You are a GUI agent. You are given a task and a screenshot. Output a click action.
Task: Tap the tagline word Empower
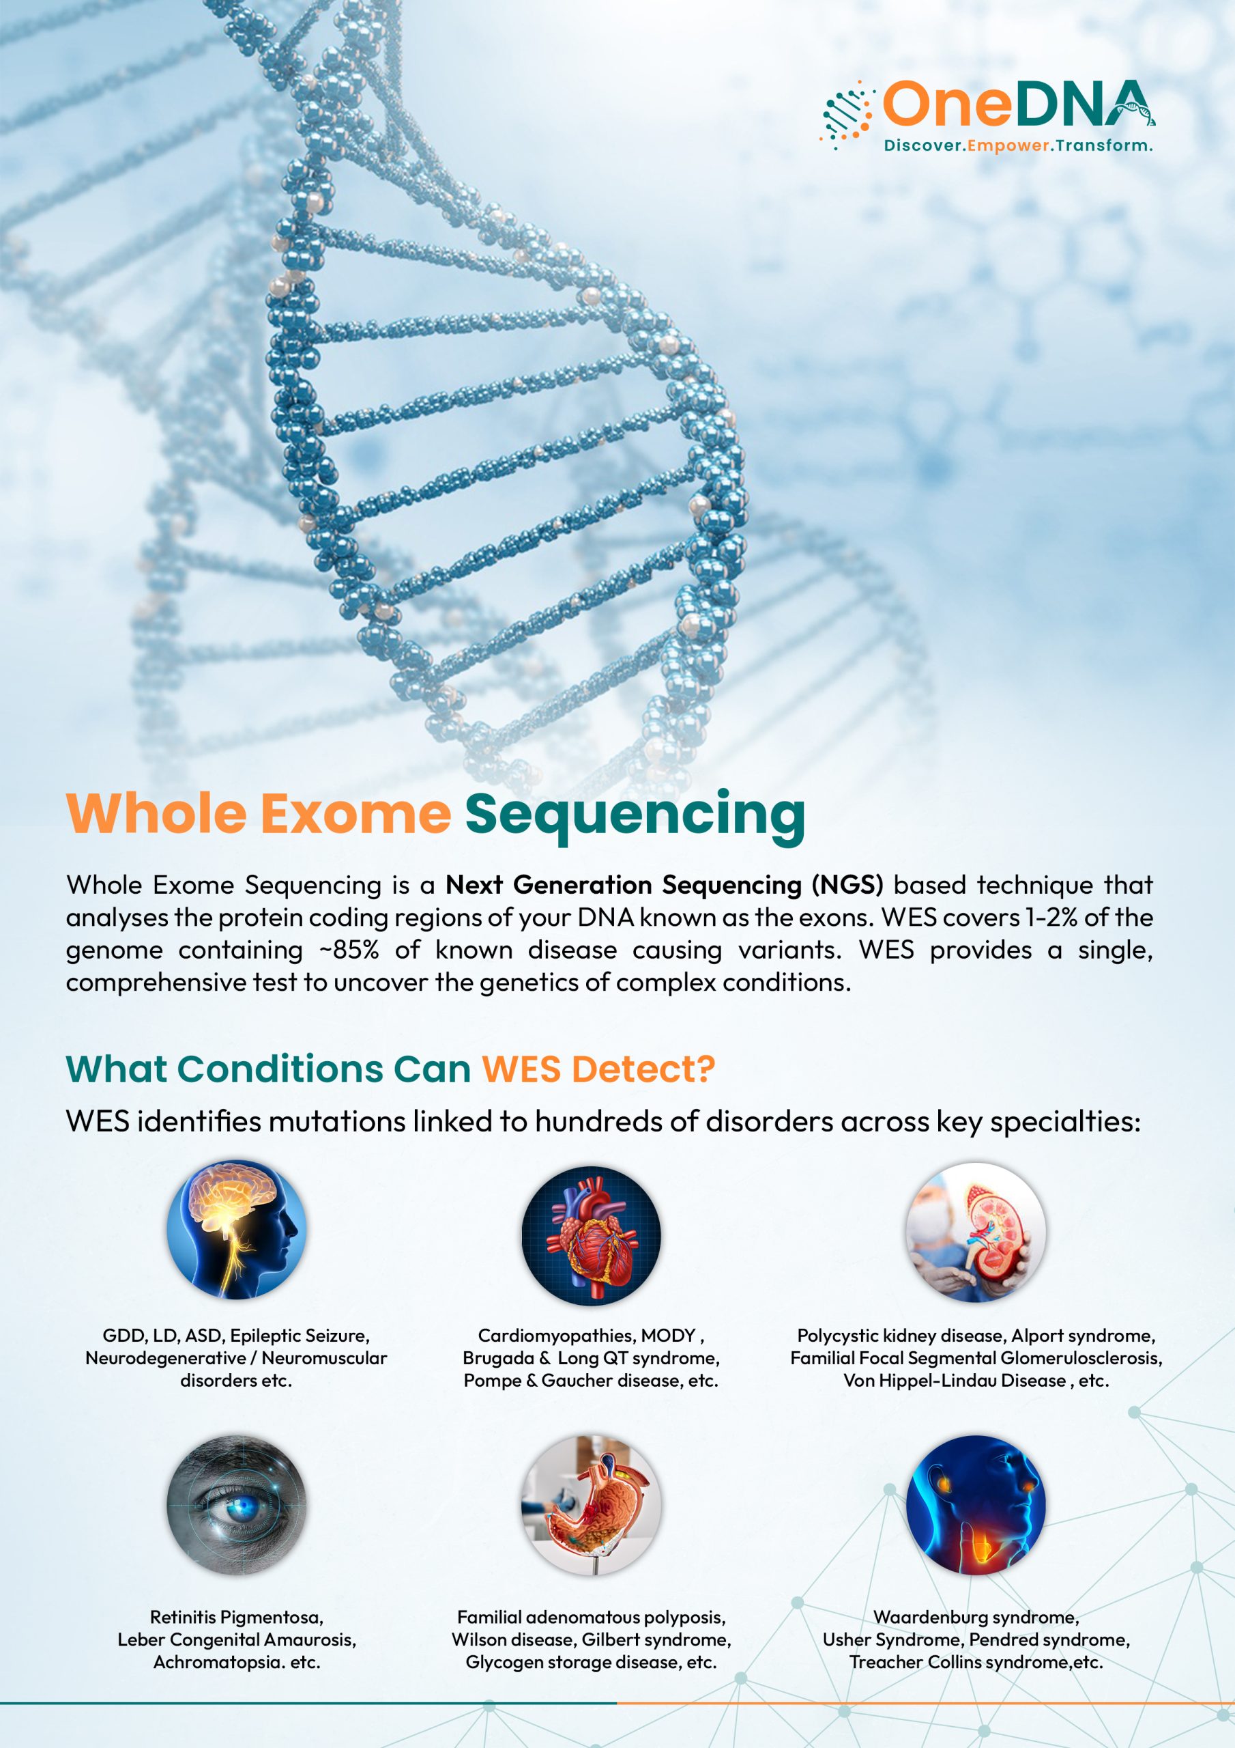[x=1008, y=145]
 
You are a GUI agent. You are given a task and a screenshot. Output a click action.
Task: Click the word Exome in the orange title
[x=356, y=814]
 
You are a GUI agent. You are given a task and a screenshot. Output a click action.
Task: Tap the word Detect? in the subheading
[x=643, y=1069]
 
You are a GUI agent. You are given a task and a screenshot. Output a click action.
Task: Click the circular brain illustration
[x=237, y=1230]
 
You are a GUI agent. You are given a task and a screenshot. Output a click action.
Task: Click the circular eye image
[x=237, y=1505]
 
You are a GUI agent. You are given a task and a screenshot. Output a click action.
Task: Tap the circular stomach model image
[x=592, y=1505]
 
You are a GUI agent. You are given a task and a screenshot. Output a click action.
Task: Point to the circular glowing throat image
[x=976, y=1505]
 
